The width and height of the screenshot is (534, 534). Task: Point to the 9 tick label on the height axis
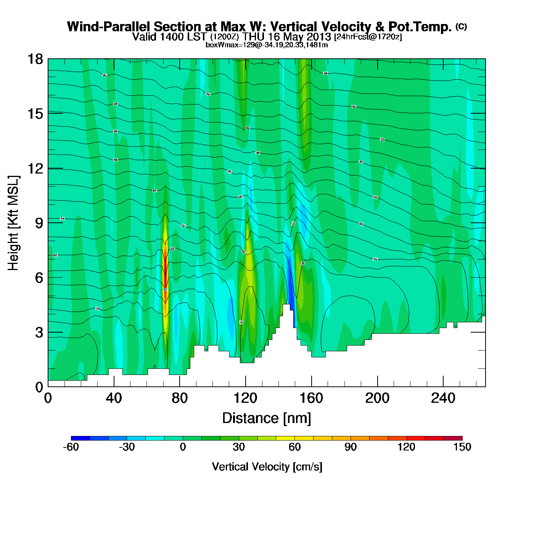(39, 223)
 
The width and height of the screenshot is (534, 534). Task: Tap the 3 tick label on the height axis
(39, 333)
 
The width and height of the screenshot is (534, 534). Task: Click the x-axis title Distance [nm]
(267, 418)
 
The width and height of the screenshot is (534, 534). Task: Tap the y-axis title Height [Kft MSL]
(13, 223)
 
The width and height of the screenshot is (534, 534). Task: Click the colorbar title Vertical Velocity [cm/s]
(267, 466)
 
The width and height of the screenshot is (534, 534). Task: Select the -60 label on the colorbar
(71, 447)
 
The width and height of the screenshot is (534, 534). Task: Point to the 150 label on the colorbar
(462, 447)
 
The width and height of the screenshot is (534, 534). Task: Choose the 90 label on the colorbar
(351, 447)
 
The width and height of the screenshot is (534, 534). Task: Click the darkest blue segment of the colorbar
(80, 438)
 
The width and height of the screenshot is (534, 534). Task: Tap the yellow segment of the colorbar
(285, 438)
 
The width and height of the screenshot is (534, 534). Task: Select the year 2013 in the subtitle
(318, 37)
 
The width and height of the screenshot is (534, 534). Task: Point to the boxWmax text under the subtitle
(267, 45)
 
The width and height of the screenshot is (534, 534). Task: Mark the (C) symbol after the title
(461, 26)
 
